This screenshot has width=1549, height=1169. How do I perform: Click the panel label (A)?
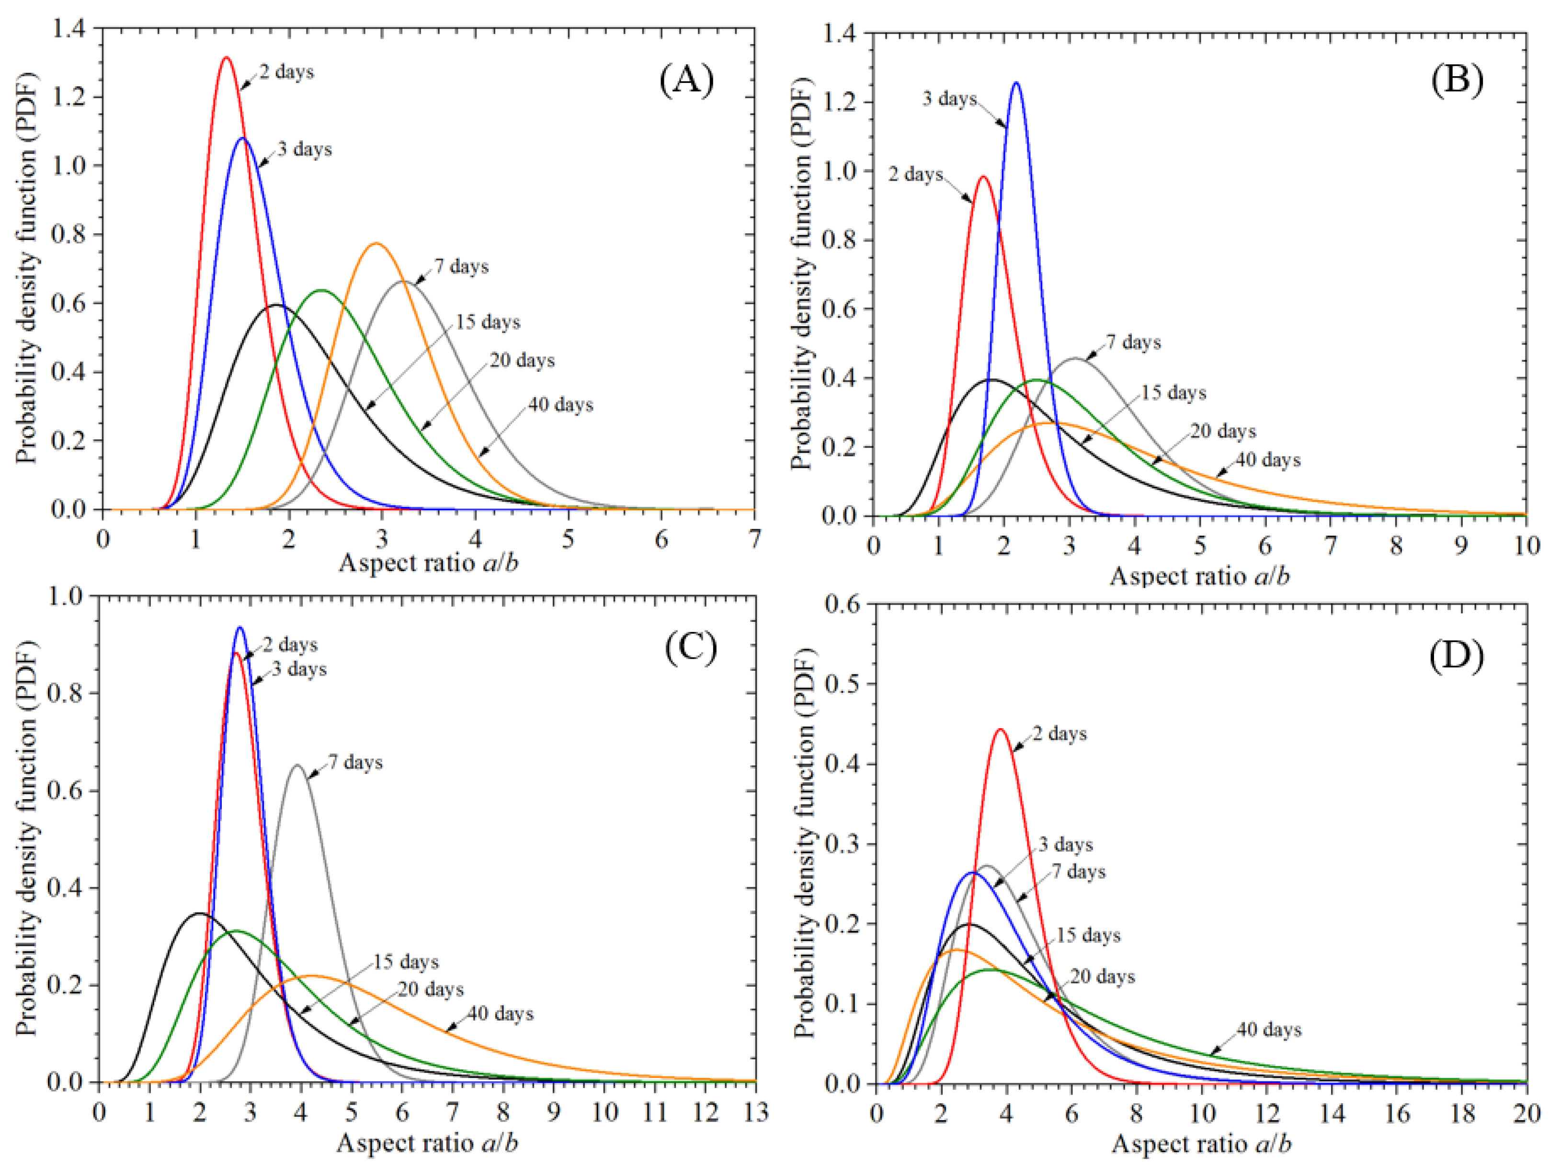click(x=686, y=80)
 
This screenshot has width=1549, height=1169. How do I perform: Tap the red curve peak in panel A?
click(x=226, y=57)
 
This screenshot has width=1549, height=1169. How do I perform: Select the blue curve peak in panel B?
click(x=1015, y=83)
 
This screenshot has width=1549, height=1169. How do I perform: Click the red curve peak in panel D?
click(x=1000, y=729)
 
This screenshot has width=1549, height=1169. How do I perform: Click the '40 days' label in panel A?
click(x=560, y=405)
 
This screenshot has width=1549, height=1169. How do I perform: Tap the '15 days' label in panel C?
click(x=406, y=962)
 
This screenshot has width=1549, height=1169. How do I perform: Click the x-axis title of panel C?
click(x=427, y=1143)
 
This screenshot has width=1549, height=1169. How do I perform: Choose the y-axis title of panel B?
click(x=800, y=273)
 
